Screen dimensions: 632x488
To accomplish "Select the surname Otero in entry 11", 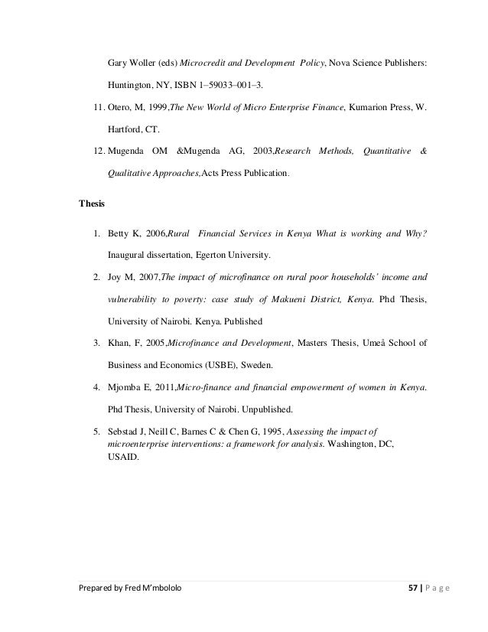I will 121,107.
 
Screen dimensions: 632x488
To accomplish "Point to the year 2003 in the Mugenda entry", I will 258,151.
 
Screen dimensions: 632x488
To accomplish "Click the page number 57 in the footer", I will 416,610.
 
